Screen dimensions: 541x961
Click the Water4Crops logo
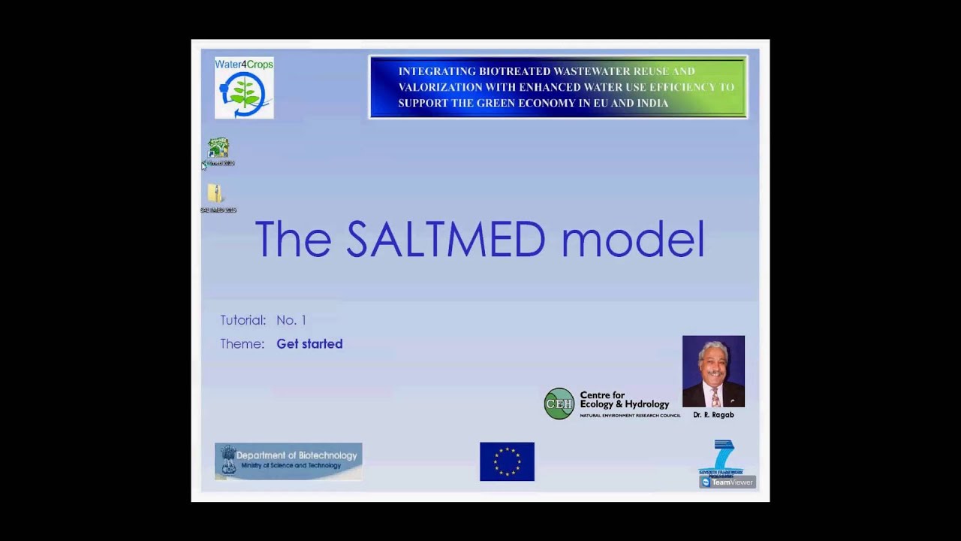(244, 88)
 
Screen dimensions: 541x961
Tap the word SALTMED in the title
(445, 239)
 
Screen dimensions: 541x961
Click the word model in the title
(633, 239)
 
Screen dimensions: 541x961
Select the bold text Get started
(309, 344)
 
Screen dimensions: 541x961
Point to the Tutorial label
(243, 320)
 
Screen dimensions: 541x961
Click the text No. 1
(291, 320)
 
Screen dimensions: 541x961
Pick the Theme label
(242, 344)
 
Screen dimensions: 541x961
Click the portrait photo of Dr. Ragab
(713, 371)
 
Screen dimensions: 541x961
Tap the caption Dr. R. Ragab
(713, 415)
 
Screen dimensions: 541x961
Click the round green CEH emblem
(559, 403)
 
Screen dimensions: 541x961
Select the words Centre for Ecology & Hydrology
(624, 400)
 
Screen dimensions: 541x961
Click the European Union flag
(507, 461)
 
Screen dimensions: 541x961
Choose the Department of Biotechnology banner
(288, 461)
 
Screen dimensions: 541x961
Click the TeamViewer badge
(727, 482)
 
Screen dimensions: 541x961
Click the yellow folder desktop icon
(215, 194)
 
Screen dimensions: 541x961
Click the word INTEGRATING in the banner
(436, 71)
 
